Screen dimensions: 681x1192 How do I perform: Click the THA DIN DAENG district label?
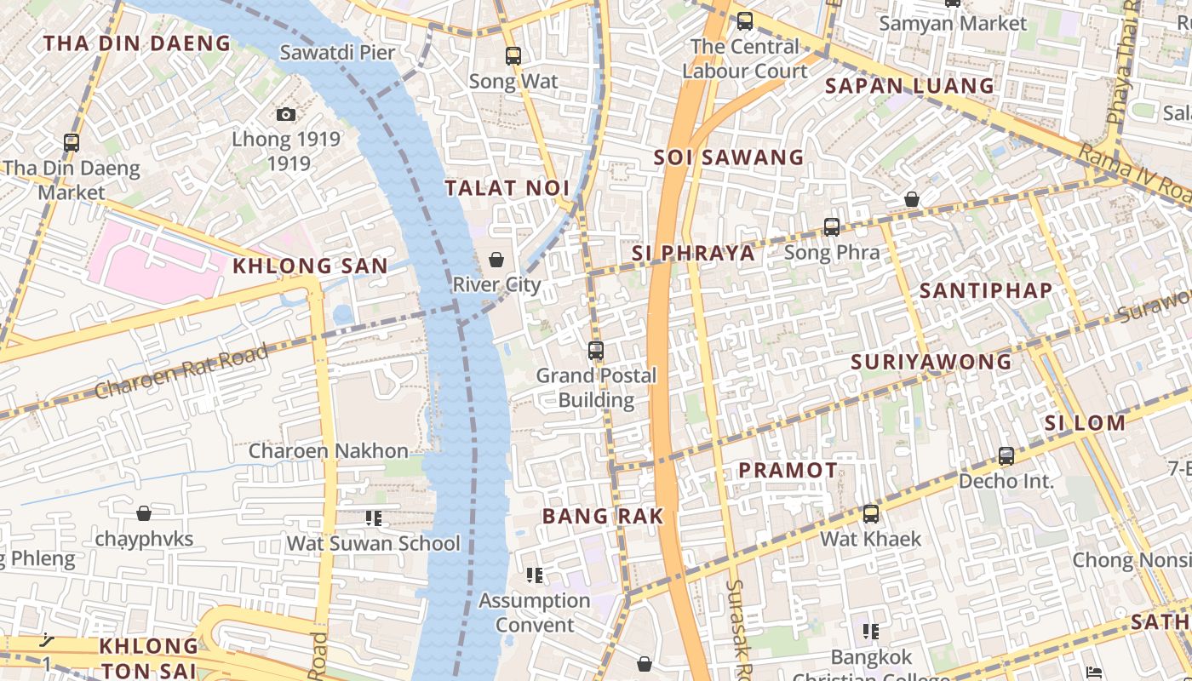[137, 43]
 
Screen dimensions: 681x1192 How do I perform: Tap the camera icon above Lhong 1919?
[286, 114]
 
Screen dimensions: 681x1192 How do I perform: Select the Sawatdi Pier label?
[338, 53]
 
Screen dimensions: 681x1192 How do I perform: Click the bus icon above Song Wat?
[513, 56]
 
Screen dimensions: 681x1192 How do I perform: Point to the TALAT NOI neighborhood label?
[507, 188]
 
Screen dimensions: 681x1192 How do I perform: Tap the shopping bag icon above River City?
[496, 260]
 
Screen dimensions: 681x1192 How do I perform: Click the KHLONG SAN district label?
[311, 266]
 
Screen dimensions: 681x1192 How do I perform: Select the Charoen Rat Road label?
[182, 370]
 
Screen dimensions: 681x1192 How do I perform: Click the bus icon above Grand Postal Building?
[596, 350]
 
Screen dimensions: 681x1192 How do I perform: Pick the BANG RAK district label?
[603, 516]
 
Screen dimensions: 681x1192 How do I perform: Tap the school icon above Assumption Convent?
[535, 575]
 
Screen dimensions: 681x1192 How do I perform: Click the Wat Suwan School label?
[373, 543]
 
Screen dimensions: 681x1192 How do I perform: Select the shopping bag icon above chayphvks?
[144, 513]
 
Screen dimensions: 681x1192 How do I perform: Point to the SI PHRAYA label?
[694, 253]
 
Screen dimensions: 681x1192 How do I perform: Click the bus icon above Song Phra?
[832, 227]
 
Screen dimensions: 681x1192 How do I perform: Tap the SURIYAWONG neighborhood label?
[931, 362]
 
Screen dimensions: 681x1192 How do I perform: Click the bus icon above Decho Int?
[1006, 456]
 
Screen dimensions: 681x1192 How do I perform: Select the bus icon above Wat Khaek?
[870, 514]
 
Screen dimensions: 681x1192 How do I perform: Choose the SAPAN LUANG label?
[910, 86]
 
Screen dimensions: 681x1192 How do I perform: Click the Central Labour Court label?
[745, 59]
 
